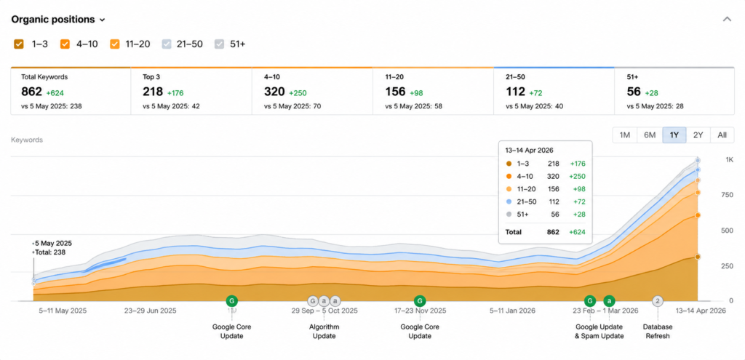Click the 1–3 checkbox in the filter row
[x=19, y=44]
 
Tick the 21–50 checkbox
[x=167, y=44]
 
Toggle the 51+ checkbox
[x=219, y=44]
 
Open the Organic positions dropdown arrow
[x=102, y=20]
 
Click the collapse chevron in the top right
[x=727, y=20]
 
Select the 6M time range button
[x=650, y=135]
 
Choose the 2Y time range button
[x=698, y=135]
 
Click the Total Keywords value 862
[x=32, y=92]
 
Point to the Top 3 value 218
[x=153, y=92]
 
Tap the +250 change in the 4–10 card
[x=298, y=93]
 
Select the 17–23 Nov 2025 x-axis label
[x=420, y=311]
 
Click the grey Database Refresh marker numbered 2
[x=658, y=301]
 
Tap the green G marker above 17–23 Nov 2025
[x=420, y=300]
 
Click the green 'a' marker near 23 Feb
[x=609, y=300]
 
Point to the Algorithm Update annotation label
[x=325, y=332]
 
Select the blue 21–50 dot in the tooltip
[x=509, y=202]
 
